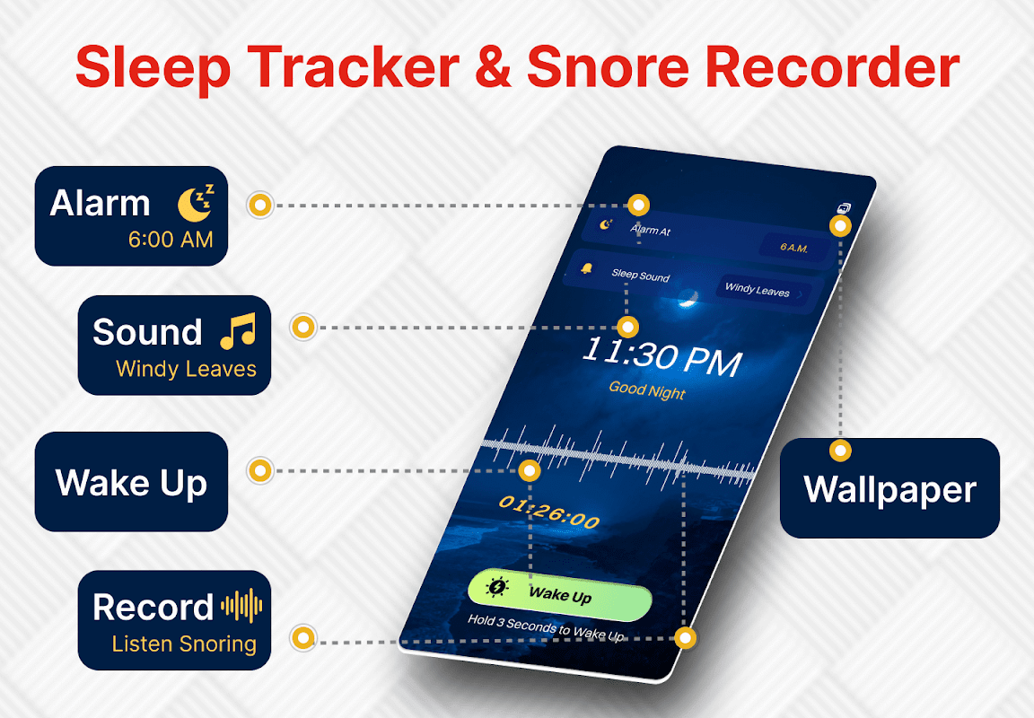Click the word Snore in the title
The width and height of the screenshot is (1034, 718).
pos(608,67)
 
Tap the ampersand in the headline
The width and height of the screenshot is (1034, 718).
pos(493,67)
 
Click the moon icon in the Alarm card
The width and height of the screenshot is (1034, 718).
pos(196,203)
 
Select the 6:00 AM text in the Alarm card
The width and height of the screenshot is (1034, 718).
pos(171,240)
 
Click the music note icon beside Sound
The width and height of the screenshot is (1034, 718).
pos(237,331)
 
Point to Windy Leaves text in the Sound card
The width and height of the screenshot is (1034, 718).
pos(186,369)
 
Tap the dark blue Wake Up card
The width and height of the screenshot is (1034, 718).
pos(131,482)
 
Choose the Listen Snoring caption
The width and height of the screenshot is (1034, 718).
pos(184,644)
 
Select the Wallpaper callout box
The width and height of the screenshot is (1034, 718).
pos(889,488)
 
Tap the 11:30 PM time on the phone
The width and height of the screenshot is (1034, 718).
pos(662,356)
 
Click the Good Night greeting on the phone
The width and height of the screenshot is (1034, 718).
pos(647,390)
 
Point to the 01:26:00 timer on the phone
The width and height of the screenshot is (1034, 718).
pos(548,512)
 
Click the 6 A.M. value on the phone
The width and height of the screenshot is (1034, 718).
pos(794,247)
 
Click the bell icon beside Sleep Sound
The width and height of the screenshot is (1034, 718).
pos(585,268)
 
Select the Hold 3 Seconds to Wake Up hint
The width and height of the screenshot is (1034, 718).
pos(546,627)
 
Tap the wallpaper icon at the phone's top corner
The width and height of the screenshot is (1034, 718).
pos(844,208)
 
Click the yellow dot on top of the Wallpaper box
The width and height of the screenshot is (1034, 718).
pos(840,451)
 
